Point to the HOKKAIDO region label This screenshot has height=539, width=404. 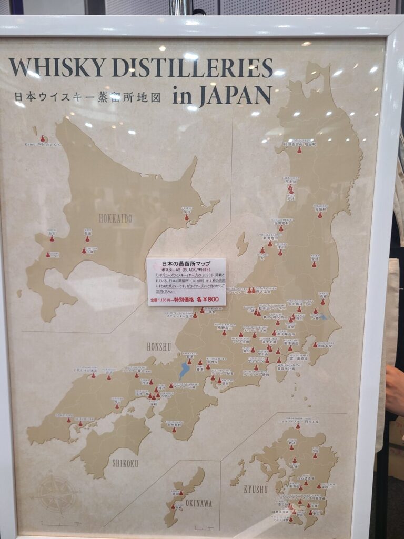[115, 218]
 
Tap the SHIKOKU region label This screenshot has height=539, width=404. [125, 463]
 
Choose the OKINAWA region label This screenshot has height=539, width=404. [198, 504]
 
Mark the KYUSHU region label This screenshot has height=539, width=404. [256, 490]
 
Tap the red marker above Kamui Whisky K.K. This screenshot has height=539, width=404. [43, 138]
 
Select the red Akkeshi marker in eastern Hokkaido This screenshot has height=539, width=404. [187, 216]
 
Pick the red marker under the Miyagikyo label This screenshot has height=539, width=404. [319, 215]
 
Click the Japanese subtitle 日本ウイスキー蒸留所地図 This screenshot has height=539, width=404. [87, 97]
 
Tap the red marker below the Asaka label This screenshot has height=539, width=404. [314, 264]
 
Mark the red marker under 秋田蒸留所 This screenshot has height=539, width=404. [299, 151]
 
